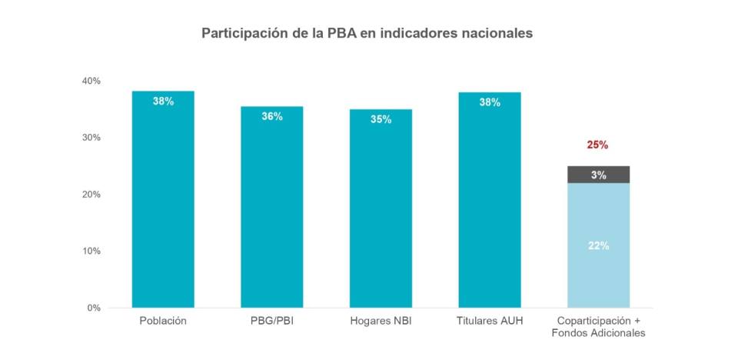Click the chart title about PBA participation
click(367, 34)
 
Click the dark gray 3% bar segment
click(598, 175)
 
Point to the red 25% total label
click(598, 145)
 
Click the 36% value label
click(271, 116)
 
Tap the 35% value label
click(381, 119)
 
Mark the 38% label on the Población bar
click(163, 101)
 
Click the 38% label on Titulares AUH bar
click(490, 102)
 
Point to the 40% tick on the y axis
click(91, 81)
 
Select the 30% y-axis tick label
click(91, 138)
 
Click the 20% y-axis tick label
click(91, 195)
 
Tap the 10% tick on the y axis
click(91, 251)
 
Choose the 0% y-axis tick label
click(94, 308)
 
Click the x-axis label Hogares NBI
click(381, 321)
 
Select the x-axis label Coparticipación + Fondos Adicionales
click(598, 327)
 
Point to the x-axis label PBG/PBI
click(271, 321)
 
